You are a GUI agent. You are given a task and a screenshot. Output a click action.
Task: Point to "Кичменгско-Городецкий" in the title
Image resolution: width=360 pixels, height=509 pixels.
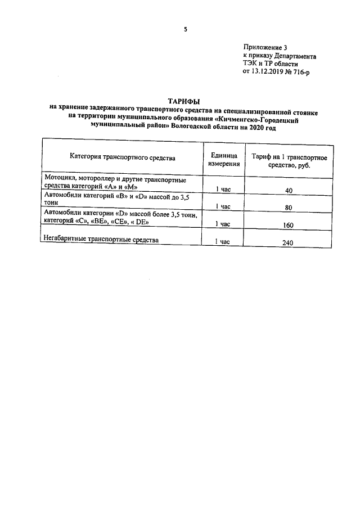264,119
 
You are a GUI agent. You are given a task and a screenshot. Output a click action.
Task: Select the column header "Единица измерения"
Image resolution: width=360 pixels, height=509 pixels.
224,159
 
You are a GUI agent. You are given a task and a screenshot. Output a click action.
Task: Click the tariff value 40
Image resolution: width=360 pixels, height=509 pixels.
289,191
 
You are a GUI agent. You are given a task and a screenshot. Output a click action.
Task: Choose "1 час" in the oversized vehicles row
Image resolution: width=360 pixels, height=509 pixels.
223,242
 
